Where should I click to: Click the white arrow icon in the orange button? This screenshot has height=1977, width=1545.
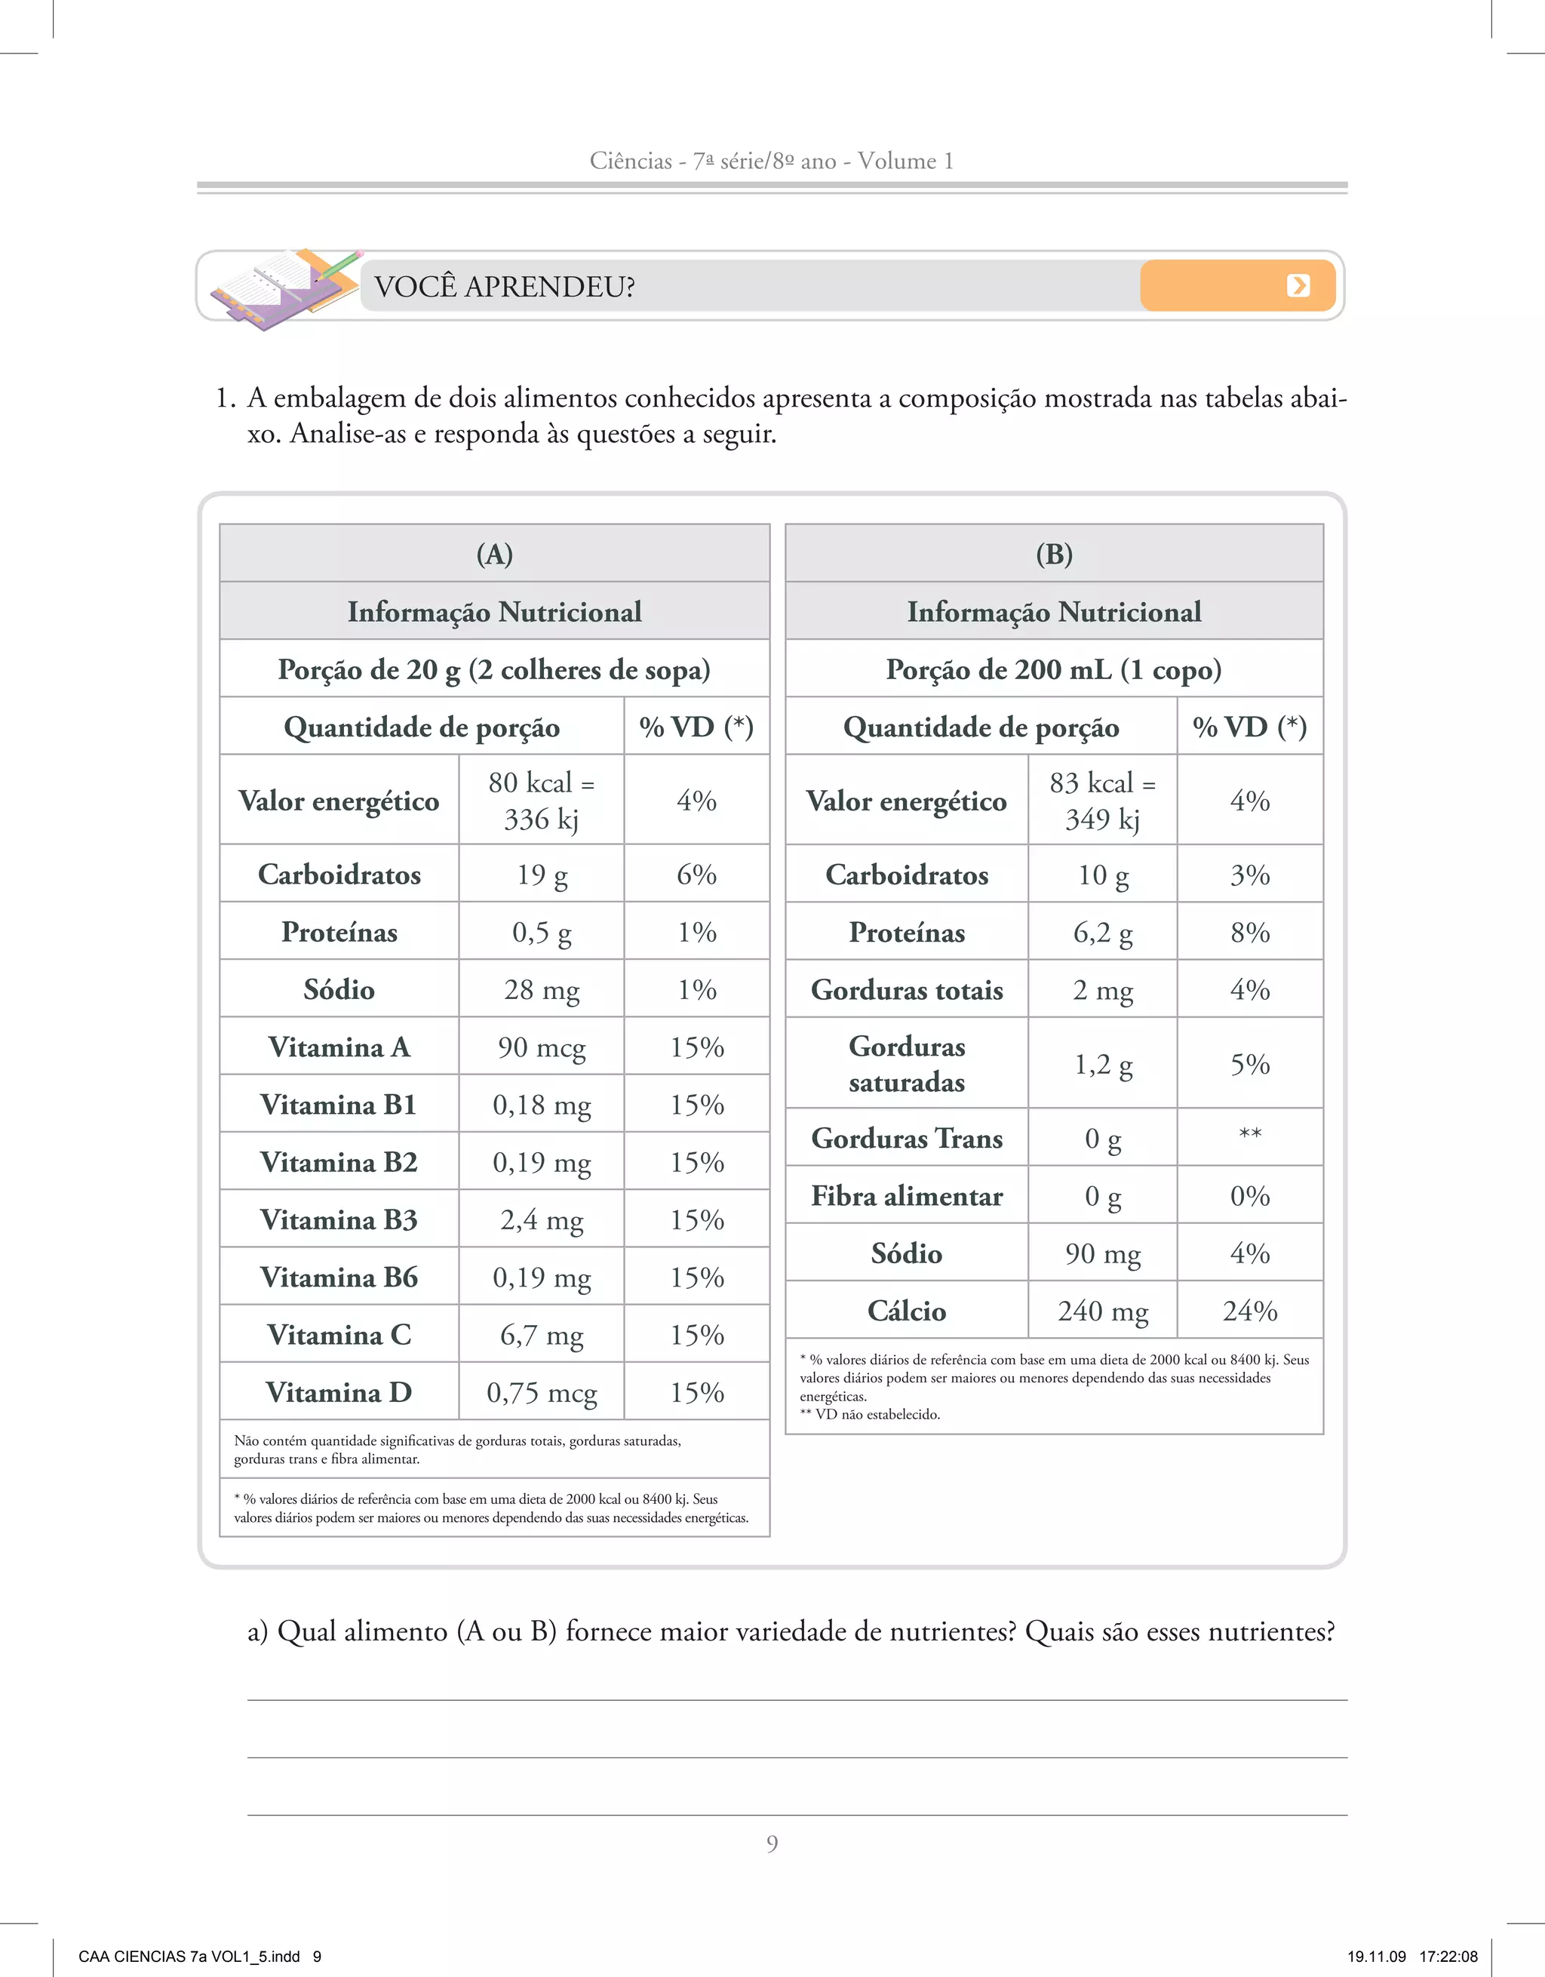pyautogui.click(x=1298, y=286)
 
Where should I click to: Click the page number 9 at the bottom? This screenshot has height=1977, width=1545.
pyautogui.click(x=772, y=1844)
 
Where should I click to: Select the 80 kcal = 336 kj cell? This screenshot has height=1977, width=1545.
pyautogui.click(x=541, y=800)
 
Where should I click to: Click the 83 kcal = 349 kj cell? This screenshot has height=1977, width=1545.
pyautogui.click(x=1102, y=800)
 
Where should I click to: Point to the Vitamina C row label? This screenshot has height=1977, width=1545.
pyautogui.click(x=339, y=1334)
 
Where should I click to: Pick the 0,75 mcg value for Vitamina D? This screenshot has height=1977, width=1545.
pyautogui.click(x=541, y=1392)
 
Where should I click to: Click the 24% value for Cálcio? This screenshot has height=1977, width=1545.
pyautogui.click(x=1250, y=1311)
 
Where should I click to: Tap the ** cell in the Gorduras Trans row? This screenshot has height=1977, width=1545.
pyautogui.click(x=1250, y=1135)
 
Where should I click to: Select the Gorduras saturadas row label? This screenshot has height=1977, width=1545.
pyautogui.click(x=907, y=1064)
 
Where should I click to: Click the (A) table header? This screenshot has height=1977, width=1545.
pyautogui.click(x=494, y=554)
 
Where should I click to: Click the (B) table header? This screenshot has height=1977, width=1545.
pyautogui.click(x=1055, y=554)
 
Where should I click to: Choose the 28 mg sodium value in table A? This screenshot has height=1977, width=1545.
pyautogui.click(x=541, y=989)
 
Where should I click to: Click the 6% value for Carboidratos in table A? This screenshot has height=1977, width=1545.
pyautogui.click(x=697, y=875)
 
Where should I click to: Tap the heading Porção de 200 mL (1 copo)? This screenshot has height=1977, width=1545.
pyautogui.click(x=1055, y=670)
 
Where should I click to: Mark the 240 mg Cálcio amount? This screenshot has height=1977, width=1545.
pyautogui.click(x=1102, y=1311)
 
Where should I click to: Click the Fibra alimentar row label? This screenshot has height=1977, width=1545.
pyautogui.click(x=907, y=1196)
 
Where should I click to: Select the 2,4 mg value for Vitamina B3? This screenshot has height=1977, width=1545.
pyautogui.click(x=541, y=1220)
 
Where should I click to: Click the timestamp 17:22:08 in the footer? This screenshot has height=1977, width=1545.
pyautogui.click(x=1448, y=1956)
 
